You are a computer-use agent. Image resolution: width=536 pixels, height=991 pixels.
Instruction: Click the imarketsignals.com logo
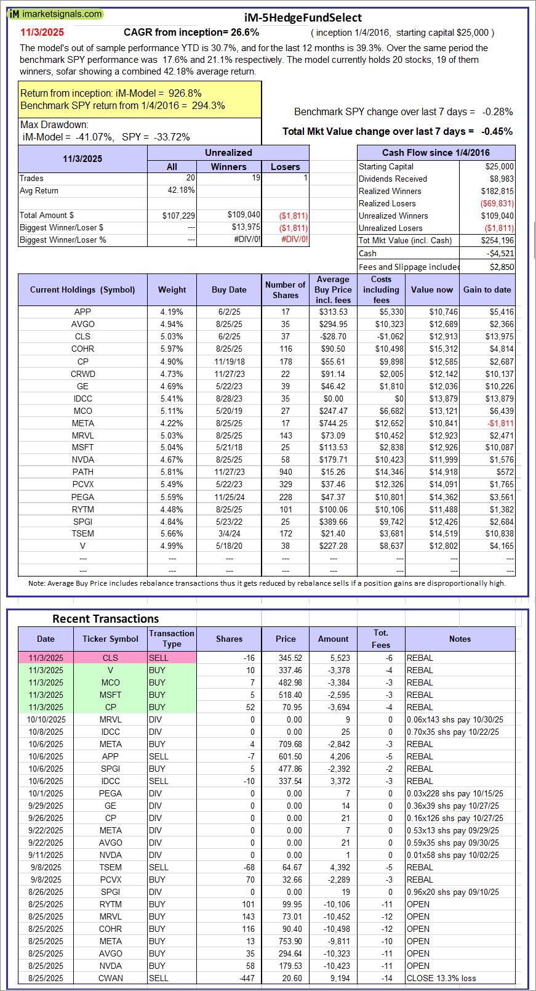(x=55, y=14)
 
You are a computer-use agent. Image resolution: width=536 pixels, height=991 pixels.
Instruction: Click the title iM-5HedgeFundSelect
(x=303, y=18)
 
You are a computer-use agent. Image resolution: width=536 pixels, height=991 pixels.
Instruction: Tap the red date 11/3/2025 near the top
(x=42, y=33)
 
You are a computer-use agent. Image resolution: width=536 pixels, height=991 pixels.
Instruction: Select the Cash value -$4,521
(x=500, y=253)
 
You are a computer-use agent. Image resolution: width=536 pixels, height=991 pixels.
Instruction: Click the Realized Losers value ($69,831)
(x=497, y=204)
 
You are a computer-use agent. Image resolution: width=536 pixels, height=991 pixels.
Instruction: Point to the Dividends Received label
(x=393, y=179)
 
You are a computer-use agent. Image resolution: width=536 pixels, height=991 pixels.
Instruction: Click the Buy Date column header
(x=229, y=289)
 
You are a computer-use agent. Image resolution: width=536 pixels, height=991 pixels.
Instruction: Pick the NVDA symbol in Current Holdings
(x=82, y=459)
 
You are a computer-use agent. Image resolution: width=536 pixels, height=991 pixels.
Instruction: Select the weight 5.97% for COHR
(x=172, y=349)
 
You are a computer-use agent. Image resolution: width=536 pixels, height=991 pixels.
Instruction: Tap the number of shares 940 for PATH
(x=286, y=472)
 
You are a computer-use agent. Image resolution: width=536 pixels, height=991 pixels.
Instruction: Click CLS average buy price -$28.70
(x=333, y=337)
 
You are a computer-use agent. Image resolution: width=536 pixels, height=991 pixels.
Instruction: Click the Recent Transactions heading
(x=105, y=619)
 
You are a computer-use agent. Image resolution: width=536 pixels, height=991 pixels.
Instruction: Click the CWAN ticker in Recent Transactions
(x=111, y=978)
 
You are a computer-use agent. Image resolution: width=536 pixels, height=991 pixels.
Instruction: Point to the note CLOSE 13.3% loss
(x=441, y=978)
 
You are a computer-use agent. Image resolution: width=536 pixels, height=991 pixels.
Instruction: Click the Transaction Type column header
(x=172, y=639)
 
